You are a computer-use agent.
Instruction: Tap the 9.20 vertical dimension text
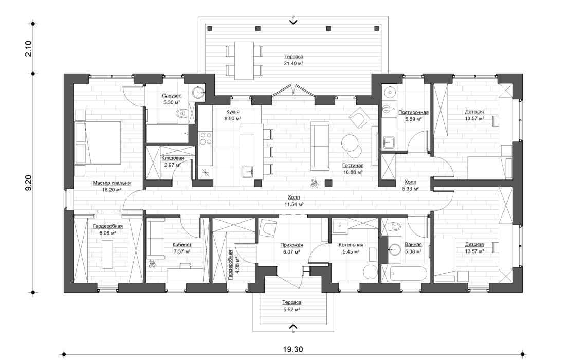click(x=29, y=183)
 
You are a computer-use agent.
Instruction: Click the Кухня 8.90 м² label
click(x=233, y=115)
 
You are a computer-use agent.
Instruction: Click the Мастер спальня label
click(x=112, y=186)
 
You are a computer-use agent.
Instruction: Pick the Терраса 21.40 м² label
click(x=293, y=60)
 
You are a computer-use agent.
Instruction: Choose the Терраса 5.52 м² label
click(x=291, y=306)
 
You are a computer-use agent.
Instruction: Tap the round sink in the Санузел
click(x=198, y=93)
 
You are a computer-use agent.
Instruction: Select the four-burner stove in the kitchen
click(x=206, y=138)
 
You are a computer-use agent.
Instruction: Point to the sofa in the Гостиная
click(x=320, y=147)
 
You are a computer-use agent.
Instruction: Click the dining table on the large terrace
click(x=245, y=60)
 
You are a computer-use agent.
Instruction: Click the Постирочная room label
click(x=413, y=115)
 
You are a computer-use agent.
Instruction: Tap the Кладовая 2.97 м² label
click(x=173, y=162)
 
